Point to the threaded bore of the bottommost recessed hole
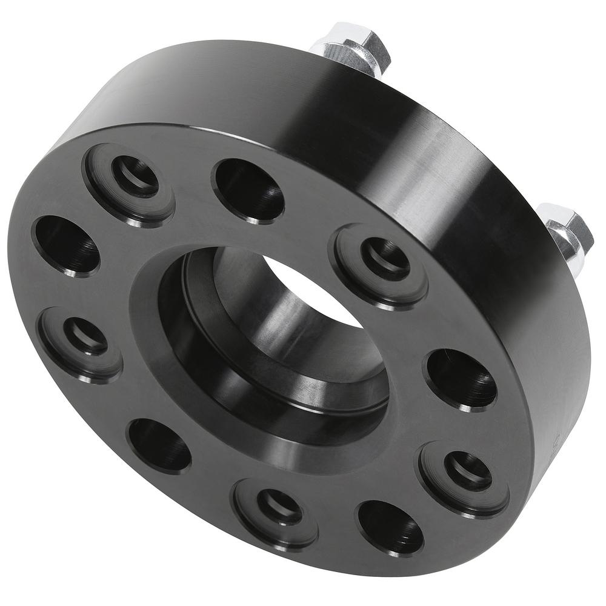click(279, 506)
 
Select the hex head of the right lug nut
click(570, 227)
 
